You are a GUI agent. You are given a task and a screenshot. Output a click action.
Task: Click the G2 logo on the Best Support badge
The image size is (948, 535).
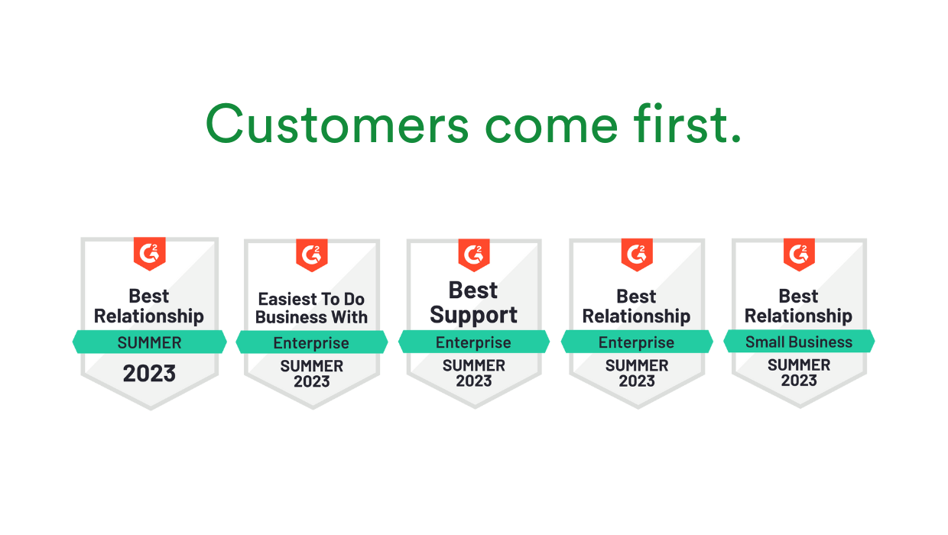tap(474, 255)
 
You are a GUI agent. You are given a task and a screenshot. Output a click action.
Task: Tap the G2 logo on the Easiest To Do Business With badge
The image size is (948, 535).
tap(312, 255)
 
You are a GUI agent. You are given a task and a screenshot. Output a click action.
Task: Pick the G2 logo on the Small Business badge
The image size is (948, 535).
tap(799, 255)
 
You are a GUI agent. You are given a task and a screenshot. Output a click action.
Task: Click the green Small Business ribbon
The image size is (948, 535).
tap(799, 342)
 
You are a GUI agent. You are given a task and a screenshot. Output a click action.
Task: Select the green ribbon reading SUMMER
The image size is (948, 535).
tap(150, 342)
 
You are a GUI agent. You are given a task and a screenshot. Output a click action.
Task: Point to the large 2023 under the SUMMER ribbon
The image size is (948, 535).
tap(150, 374)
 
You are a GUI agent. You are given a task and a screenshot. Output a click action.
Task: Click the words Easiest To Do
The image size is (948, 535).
tap(312, 299)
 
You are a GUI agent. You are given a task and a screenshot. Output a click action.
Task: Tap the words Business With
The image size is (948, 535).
tap(312, 317)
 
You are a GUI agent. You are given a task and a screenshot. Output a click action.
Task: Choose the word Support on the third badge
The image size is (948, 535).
tap(474, 315)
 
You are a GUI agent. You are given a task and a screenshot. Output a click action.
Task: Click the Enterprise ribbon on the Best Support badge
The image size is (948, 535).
tap(474, 342)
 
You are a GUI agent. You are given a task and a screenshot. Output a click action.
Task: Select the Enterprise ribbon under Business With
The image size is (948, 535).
tap(312, 343)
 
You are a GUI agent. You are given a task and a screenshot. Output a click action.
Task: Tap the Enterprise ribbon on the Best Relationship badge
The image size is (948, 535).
tap(637, 342)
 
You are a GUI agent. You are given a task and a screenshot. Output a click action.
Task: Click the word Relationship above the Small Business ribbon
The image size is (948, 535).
tap(799, 316)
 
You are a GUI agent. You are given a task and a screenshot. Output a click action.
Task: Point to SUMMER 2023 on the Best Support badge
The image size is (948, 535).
tap(474, 373)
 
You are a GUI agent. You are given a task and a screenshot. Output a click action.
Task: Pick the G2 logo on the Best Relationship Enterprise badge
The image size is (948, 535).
tap(637, 255)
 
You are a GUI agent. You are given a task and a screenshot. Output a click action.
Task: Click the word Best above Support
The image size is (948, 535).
tap(474, 290)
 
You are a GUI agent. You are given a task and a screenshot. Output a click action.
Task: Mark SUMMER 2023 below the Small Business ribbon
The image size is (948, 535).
tap(799, 373)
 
